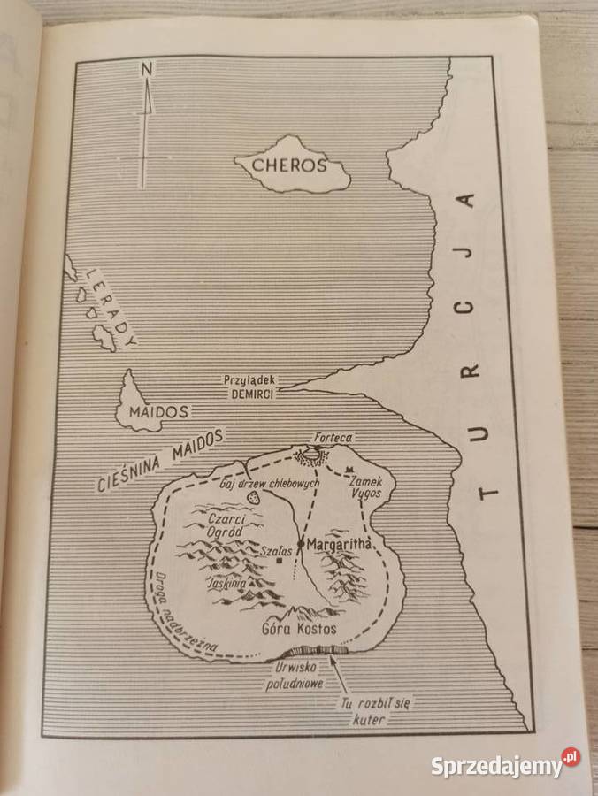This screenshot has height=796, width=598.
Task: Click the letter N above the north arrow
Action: [148, 69]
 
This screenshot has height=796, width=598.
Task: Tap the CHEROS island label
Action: [288, 165]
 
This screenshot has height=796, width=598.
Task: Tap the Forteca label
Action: [333, 437]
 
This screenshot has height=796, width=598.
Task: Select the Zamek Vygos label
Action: [365, 486]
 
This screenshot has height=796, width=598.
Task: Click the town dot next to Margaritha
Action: [301, 542]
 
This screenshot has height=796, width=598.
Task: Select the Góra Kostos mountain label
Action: [300, 629]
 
